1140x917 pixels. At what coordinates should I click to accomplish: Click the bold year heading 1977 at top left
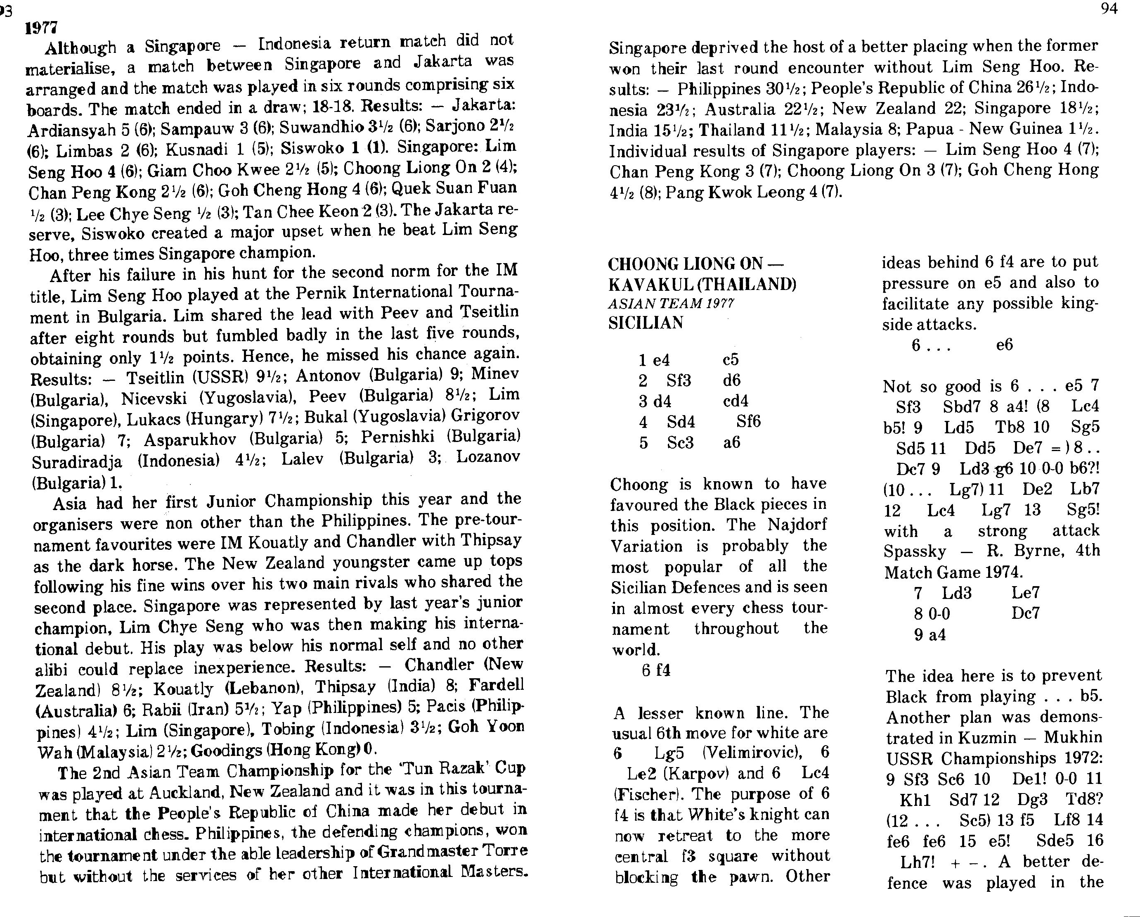click(41, 28)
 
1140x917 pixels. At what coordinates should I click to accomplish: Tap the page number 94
click(1108, 10)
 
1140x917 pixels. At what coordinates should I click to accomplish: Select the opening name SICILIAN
click(646, 323)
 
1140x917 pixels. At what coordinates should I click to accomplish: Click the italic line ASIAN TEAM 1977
click(670, 304)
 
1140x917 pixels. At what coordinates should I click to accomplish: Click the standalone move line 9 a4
click(930, 634)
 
